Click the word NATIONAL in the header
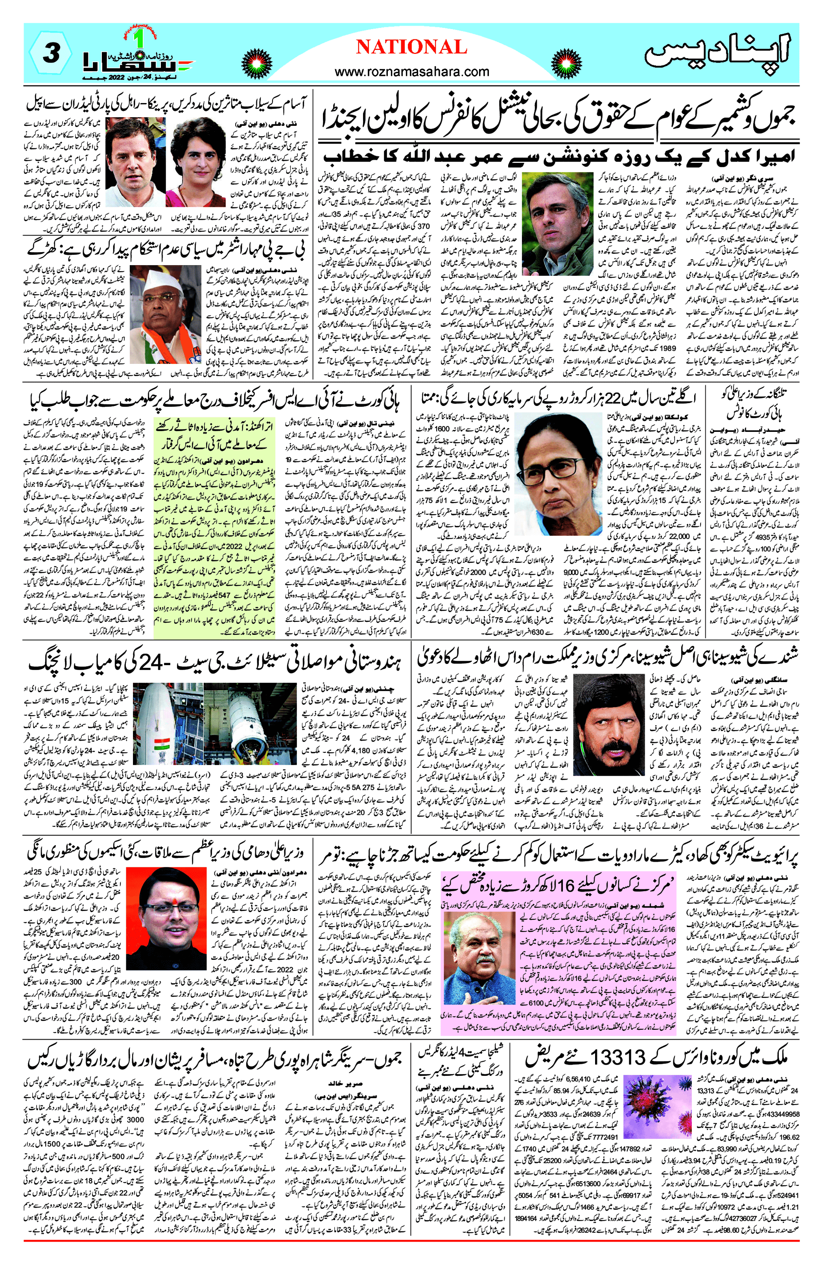pyautogui.click(x=411, y=47)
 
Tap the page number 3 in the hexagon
pyautogui.click(x=50, y=53)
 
